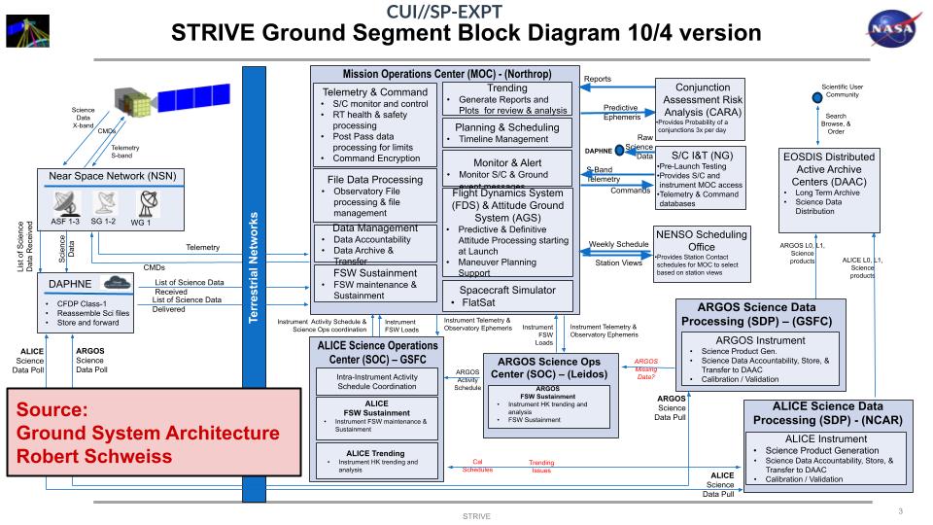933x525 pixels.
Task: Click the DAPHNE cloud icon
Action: (121, 282)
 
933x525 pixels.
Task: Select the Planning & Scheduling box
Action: (507, 132)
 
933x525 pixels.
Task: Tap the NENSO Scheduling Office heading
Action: (702, 241)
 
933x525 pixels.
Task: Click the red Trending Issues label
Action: (541, 467)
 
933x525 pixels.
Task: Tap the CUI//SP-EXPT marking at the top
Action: (466, 12)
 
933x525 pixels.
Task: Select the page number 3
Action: (901, 510)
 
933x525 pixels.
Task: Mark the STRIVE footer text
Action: (475, 515)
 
